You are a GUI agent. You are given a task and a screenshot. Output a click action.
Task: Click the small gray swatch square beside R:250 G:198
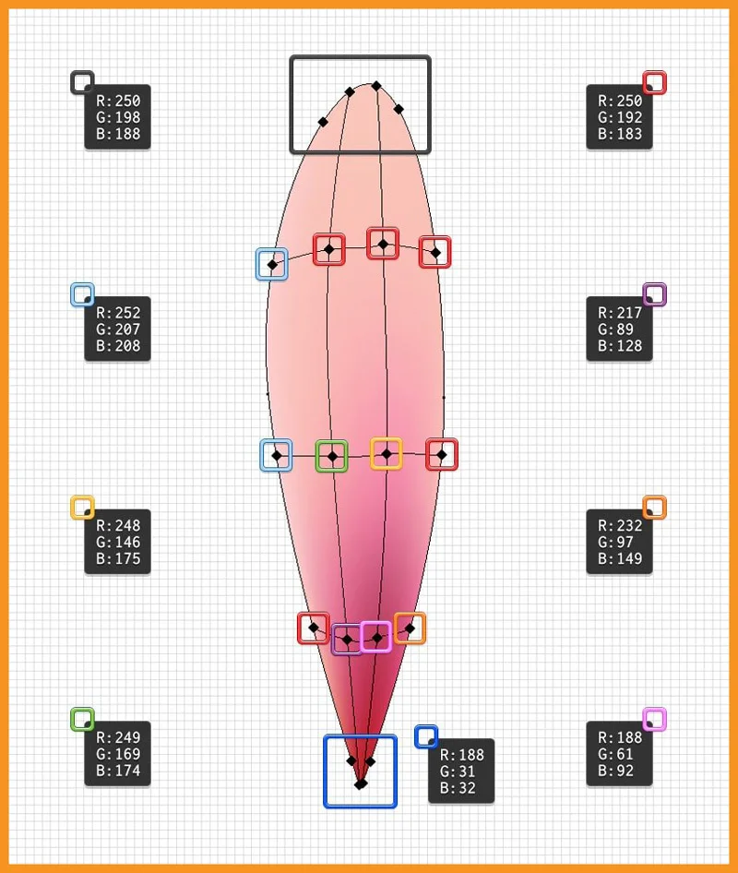tap(82, 82)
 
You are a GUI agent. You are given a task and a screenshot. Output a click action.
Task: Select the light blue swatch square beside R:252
tap(82, 294)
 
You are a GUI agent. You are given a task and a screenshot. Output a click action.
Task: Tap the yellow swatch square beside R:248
tap(82, 508)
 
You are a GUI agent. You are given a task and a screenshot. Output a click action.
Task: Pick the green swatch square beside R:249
tap(82, 719)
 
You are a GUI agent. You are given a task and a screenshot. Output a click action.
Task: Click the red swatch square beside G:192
tap(654, 83)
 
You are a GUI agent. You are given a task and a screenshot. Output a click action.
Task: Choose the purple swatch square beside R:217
tap(654, 294)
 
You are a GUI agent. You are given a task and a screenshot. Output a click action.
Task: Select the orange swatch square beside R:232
tap(654, 508)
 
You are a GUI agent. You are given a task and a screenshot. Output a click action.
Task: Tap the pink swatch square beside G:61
tap(654, 719)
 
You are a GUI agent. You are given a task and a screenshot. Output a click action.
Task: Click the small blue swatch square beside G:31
tap(425, 735)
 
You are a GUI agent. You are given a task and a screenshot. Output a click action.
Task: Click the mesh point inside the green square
tap(331, 455)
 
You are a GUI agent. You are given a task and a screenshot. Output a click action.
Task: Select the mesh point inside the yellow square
tap(387, 453)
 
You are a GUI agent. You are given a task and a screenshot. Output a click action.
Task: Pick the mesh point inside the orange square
tap(410, 628)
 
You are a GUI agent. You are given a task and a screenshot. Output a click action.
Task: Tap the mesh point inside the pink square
tap(375, 637)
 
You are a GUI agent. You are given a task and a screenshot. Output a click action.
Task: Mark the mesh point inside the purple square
tap(347, 639)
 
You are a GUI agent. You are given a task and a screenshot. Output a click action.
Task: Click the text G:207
tap(118, 329)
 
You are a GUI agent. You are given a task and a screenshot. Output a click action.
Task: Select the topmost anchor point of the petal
tap(376, 86)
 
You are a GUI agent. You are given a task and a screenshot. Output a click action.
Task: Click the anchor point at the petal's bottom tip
tap(361, 783)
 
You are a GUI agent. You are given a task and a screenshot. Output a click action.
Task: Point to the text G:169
tap(118, 754)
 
